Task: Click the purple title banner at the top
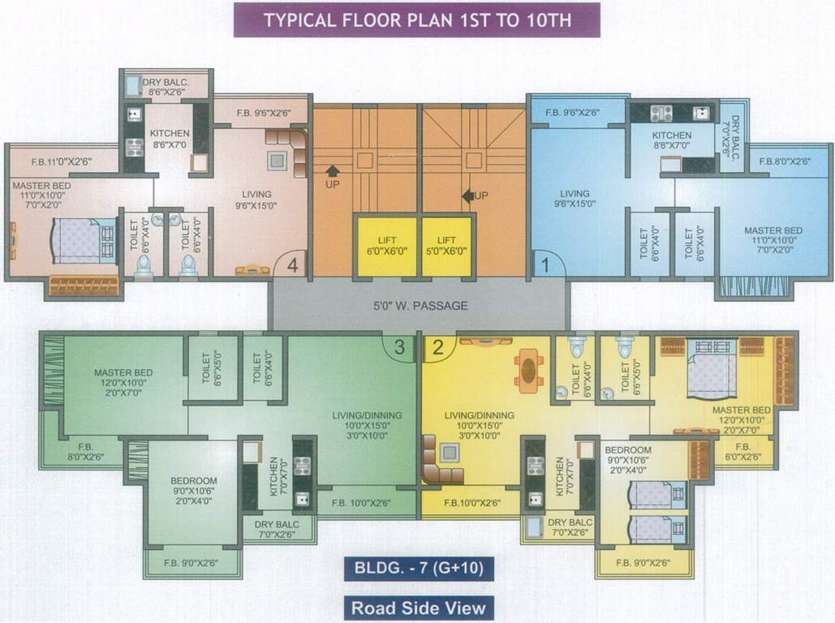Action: coord(416,20)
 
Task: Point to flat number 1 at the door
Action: coord(546,264)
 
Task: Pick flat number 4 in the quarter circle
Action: coord(291,264)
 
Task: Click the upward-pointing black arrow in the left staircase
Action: coord(332,171)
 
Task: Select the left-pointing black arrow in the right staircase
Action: coord(467,195)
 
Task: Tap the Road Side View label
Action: coord(418,607)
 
